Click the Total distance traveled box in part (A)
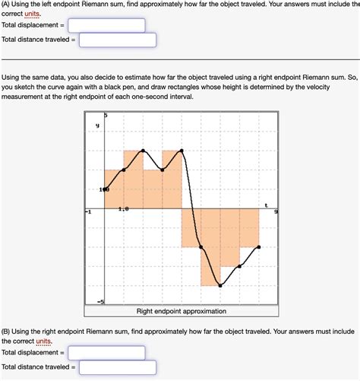(x=117, y=40)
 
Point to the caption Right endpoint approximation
(x=181, y=311)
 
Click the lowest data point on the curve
(x=220, y=286)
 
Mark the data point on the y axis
(x=105, y=189)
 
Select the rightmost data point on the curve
(x=259, y=247)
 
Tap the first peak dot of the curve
(x=143, y=150)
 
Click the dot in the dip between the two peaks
(x=163, y=170)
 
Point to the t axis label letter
(x=266, y=205)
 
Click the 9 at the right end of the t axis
(x=276, y=213)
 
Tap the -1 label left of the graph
(x=89, y=213)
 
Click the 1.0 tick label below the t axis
(x=123, y=206)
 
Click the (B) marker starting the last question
(x=6, y=332)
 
